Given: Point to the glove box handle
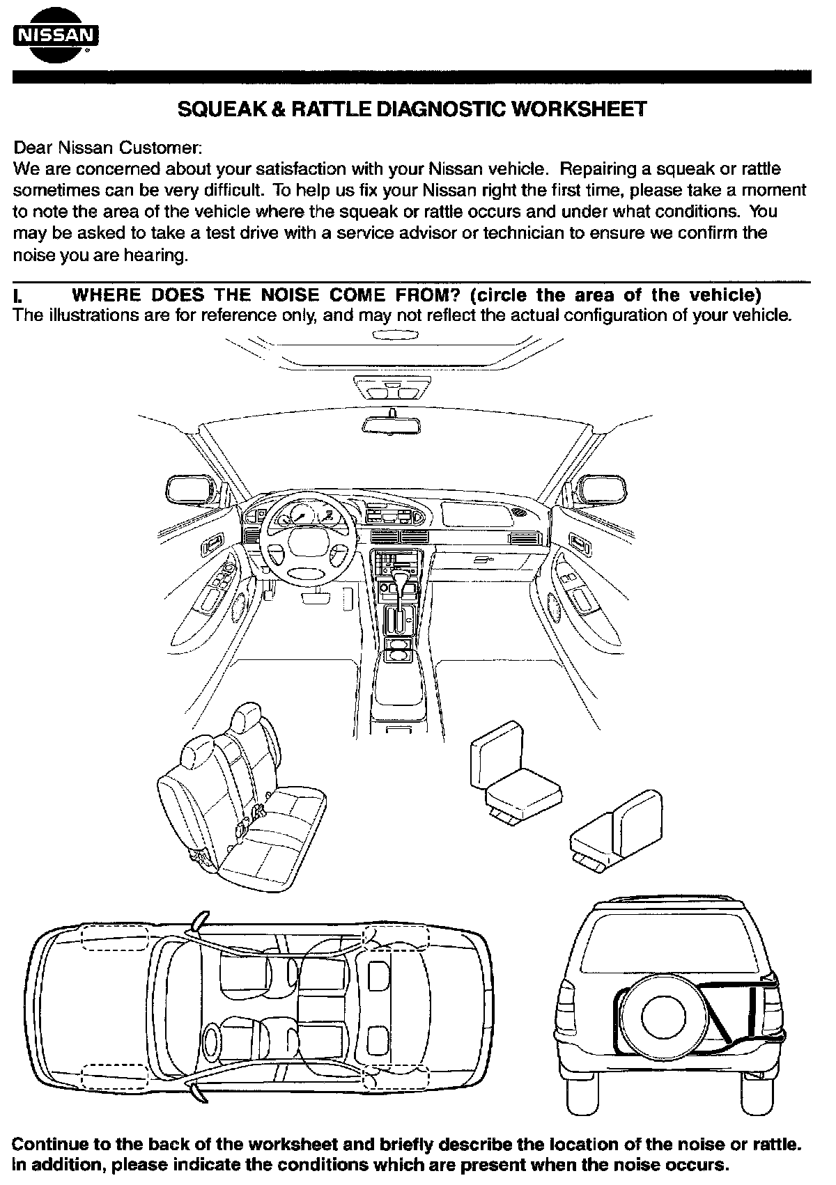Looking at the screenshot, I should [x=481, y=559].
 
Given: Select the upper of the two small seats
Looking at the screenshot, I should [x=516, y=773].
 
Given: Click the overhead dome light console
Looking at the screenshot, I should [x=392, y=386].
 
